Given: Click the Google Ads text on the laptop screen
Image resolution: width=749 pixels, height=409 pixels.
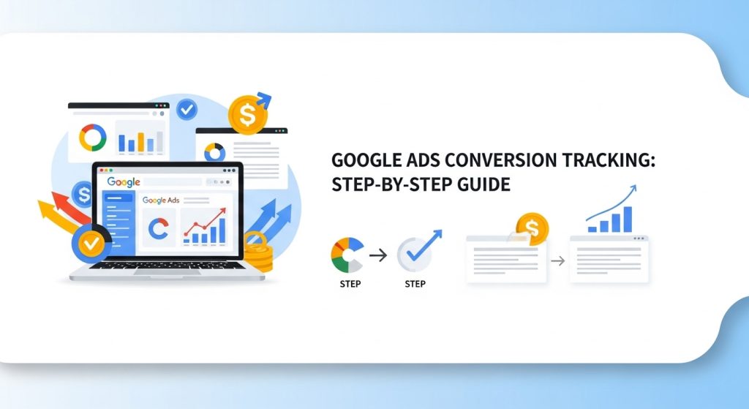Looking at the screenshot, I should click(x=161, y=200).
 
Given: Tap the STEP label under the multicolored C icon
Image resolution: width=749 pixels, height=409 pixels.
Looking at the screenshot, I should click(x=350, y=283).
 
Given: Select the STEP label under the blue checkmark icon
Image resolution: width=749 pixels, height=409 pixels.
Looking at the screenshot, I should click(x=415, y=283).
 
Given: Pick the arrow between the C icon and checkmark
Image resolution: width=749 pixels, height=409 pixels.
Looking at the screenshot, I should click(x=378, y=255).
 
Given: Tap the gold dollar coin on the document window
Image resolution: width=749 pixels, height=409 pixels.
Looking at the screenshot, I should click(x=532, y=228).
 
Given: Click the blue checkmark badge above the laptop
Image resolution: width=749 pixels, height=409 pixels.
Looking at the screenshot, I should click(x=187, y=110).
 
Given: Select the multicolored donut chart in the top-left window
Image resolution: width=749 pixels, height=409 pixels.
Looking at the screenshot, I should click(x=93, y=136).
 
